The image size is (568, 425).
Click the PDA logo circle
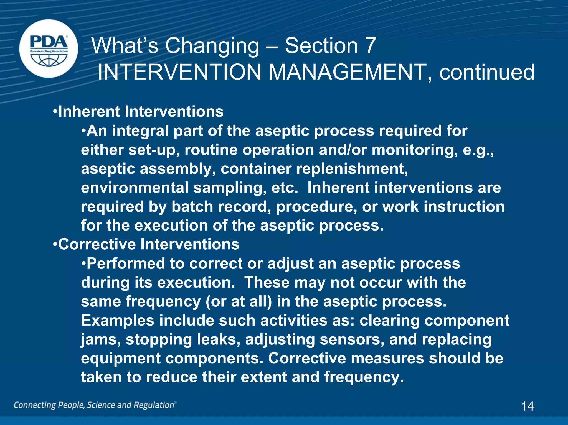tap(49, 48)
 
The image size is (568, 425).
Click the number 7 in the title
tap(370, 46)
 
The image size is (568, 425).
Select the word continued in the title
tap(487, 72)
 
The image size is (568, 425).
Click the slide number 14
tap(527, 406)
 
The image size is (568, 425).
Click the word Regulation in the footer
tap(154, 405)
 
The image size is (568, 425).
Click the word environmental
tap(135, 188)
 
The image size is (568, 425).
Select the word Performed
tap(126, 263)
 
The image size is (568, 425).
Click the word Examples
tap(118, 321)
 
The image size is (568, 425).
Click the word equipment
tap(121, 359)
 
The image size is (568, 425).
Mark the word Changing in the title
tap(212, 46)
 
